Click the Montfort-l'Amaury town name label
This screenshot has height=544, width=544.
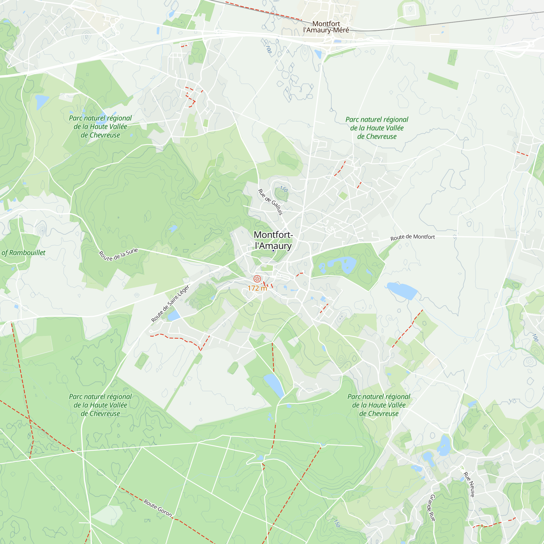pyautogui.click(x=273, y=240)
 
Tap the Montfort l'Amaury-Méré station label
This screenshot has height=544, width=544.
pyautogui.click(x=326, y=27)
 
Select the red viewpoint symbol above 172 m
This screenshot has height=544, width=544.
pyautogui.click(x=257, y=279)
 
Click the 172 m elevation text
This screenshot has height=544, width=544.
pyautogui.click(x=257, y=288)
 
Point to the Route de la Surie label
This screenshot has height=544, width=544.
pyautogui.click(x=118, y=255)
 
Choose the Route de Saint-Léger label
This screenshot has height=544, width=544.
pyautogui.click(x=170, y=304)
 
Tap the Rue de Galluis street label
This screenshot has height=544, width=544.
pyautogui.click(x=270, y=202)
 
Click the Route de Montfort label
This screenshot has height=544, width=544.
pyautogui.click(x=413, y=237)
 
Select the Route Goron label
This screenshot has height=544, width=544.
pyautogui.click(x=158, y=508)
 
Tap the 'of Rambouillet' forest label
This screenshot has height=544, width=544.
pyautogui.click(x=23, y=253)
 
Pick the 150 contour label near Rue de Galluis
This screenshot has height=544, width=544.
pyautogui.click(x=284, y=189)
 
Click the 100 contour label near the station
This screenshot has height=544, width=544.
pyautogui.click(x=268, y=49)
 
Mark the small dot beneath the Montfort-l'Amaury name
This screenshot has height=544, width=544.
pyautogui.click(x=273, y=251)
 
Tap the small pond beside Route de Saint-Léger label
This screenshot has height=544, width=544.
pyautogui.click(x=174, y=315)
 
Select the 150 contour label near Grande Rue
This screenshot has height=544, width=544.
pyautogui.click(x=336, y=523)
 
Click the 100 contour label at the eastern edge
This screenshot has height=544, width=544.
pyautogui.click(x=535, y=337)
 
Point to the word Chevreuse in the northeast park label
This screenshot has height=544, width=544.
pyautogui.click(x=377, y=137)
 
